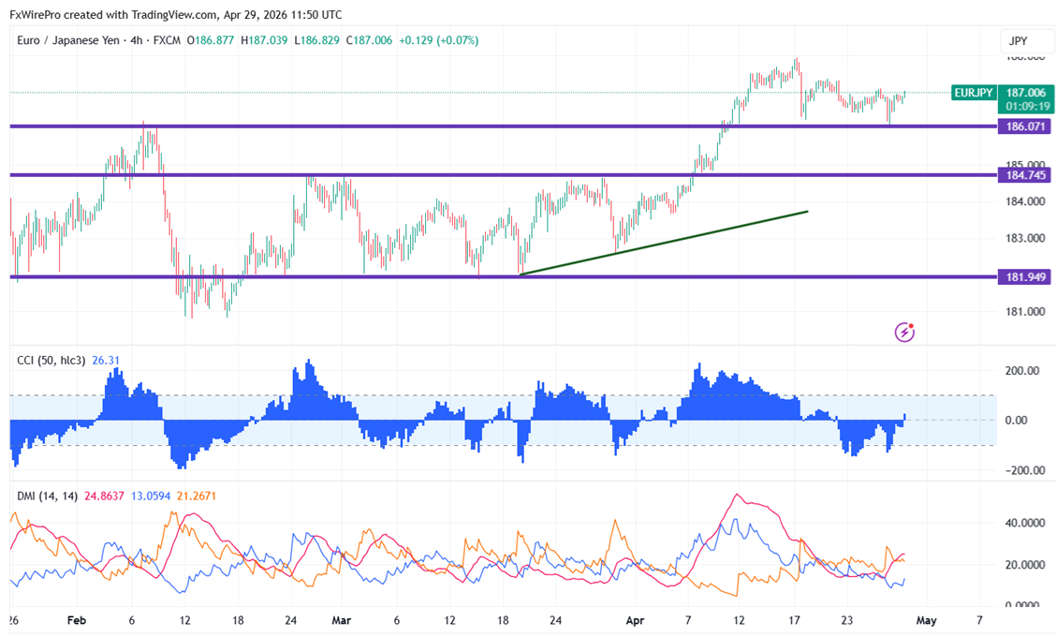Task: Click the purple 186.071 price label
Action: click(x=1025, y=126)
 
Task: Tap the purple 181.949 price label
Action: click(x=1025, y=276)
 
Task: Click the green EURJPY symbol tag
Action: click(x=973, y=93)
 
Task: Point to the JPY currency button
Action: click(x=1018, y=41)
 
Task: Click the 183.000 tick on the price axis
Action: click(x=1024, y=238)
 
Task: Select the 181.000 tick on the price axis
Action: click(x=1024, y=312)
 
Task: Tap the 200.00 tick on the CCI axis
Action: click(x=1024, y=371)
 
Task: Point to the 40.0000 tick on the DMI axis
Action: click(x=1024, y=523)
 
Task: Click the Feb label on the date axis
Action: click(x=78, y=620)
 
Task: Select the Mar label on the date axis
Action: click(x=342, y=620)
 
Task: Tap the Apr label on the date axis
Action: click(x=635, y=620)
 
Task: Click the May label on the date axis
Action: click(x=926, y=620)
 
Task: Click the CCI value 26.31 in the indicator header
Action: click(x=106, y=360)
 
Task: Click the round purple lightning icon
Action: click(x=905, y=332)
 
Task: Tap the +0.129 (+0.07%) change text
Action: click(x=439, y=41)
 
